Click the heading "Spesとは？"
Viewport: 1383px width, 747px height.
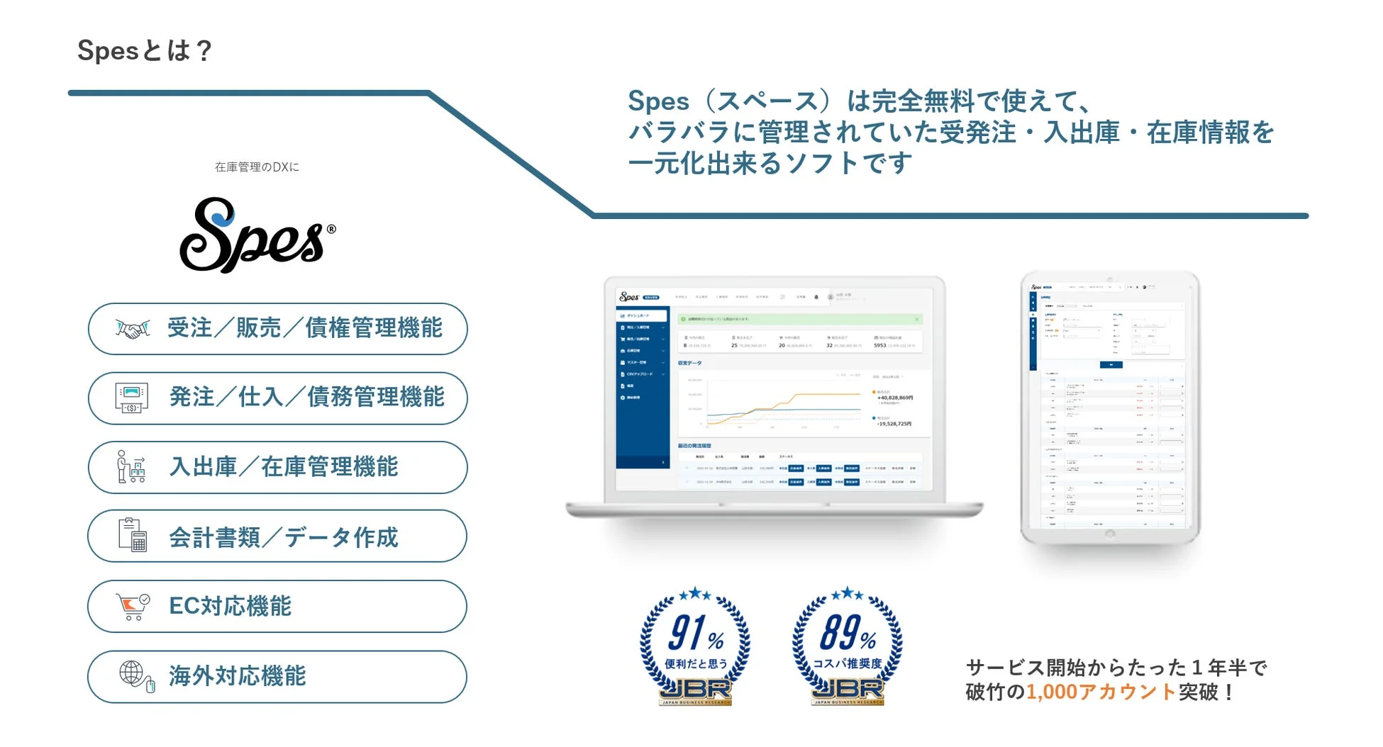tap(145, 51)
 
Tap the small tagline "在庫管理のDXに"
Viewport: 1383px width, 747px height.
tap(257, 167)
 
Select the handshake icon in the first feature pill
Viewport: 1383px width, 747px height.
tap(133, 329)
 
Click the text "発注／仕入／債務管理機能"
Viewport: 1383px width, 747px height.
tap(306, 398)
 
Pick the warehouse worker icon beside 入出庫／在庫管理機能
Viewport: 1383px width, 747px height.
tap(131, 467)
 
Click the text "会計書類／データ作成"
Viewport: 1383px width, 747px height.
tap(283, 537)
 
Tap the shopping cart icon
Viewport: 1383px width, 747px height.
tap(133, 607)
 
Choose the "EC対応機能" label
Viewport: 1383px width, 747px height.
tap(230, 607)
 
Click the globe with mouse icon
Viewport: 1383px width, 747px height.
tap(135, 675)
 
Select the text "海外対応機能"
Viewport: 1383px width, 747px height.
tap(237, 676)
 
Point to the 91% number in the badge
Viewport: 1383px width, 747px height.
tap(695, 633)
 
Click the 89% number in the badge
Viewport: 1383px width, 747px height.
tap(847, 632)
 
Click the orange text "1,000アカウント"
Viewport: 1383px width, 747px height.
tap(1101, 692)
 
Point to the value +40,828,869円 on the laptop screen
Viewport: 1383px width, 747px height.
tap(895, 398)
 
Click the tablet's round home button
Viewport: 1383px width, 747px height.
tap(1110, 535)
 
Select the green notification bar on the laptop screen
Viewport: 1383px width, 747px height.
tap(799, 320)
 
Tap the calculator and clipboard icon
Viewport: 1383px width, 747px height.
tap(133, 535)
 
